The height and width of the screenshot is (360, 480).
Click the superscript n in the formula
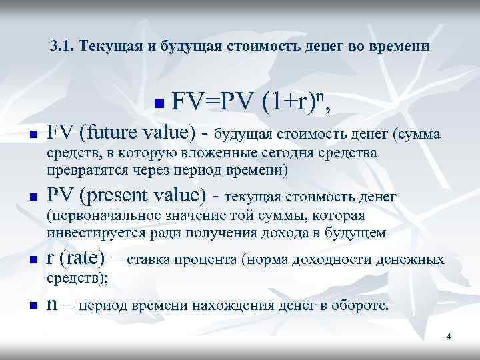click(320, 96)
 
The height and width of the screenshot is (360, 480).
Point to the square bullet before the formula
click(158, 104)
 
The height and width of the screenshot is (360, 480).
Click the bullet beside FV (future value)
click(32, 135)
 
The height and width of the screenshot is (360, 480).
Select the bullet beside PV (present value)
click(32, 198)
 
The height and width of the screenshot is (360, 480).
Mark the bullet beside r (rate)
click(32, 260)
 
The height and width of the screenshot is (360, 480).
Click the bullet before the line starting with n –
click(32, 306)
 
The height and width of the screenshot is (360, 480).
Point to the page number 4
click(449, 337)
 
